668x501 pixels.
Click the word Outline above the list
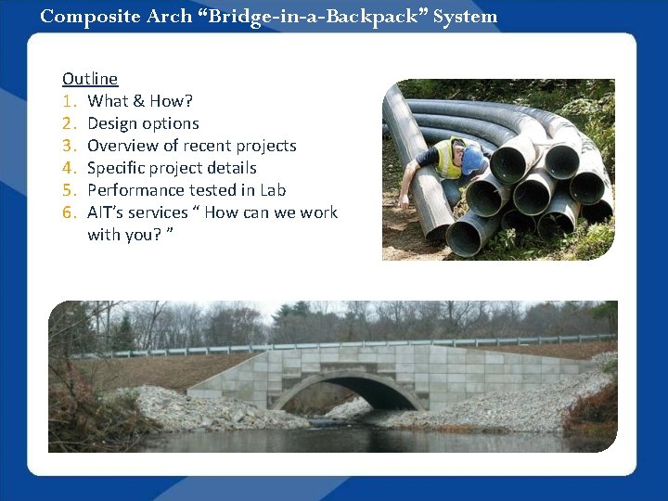pyautogui.click(x=90, y=79)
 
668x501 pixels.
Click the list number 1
pyautogui.click(x=68, y=101)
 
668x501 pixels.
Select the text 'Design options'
pyautogui.click(x=143, y=123)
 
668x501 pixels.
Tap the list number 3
pyautogui.click(x=68, y=146)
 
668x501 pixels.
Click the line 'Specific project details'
pyautogui.click(x=172, y=168)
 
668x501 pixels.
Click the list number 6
pyautogui.click(x=68, y=212)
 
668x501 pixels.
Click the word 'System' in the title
pyautogui.click(x=467, y=16)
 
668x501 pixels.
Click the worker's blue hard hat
pyautogui.click(x=472, y=160)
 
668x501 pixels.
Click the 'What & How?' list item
pyautogui.click(x=140, y=101)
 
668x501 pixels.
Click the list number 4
pyautogui.click(x=68, y=168)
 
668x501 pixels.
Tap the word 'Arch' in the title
pyautogui.click(x=162, y=16)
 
